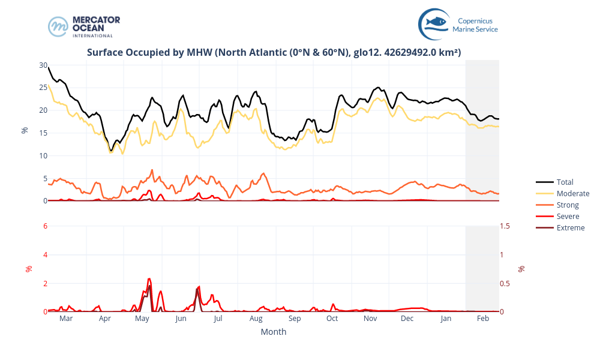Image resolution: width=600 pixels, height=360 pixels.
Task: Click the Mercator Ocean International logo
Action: click(84, 26)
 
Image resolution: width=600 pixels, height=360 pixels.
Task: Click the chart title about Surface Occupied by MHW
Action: click(274, 52)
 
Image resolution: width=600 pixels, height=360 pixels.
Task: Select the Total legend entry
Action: click(565, 182)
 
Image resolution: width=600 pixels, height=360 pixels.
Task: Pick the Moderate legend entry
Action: click(572, 193)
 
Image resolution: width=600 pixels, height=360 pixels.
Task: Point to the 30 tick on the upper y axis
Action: click(43, 65)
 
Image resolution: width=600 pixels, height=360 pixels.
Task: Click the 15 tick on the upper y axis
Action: click(43, 133)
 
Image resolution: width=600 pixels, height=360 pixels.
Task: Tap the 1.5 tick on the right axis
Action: click(506, 226)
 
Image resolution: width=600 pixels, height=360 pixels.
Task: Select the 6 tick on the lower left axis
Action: click(44, 226)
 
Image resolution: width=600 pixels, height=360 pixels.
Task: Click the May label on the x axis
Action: click(142, 319)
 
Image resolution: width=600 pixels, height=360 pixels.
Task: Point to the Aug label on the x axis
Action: click(256, 319)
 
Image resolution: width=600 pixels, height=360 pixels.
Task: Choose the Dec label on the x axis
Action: click(407, 319)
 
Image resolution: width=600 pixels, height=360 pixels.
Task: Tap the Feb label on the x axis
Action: click(483, 319)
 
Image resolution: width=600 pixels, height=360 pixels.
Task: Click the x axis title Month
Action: click(273, 332)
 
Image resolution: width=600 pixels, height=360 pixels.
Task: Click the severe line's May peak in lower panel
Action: click(149, 279)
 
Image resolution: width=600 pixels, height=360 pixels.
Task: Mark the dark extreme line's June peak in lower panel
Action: click(197, 289)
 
